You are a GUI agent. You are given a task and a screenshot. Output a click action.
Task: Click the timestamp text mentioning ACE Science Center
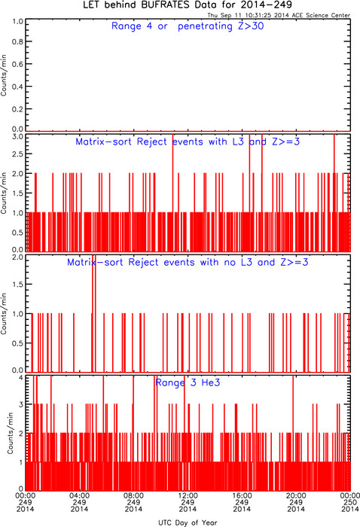[279, 15]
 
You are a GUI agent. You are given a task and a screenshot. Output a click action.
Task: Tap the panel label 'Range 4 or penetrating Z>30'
[188, 26]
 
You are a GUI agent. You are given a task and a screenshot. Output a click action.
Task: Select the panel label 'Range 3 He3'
[188, 382]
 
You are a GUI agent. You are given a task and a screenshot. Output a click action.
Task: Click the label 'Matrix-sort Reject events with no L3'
[160, 262]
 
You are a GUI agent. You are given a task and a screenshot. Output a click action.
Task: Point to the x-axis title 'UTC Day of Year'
[188, 522]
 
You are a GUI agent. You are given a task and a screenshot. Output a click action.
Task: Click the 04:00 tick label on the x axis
[79, 495]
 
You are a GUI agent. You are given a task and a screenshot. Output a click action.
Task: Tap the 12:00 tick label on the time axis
[188, 495]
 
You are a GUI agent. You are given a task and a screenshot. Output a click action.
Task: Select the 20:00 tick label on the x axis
[296, 495]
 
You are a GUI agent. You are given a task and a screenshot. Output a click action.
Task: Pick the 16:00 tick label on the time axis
[242, 495]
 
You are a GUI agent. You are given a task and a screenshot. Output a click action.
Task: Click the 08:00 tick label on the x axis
[133, 495]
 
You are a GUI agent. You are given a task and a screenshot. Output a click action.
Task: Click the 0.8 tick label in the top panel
[17, 41]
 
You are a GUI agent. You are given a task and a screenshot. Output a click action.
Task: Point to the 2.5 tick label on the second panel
[17, 154]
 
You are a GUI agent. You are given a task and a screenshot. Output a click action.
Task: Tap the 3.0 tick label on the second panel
[17, 137]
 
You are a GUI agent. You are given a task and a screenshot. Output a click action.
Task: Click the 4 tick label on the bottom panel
[21, 377]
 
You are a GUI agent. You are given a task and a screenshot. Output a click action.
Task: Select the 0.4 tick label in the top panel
[17, 87]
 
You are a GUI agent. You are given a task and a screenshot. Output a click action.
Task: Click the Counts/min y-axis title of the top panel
[4, 75]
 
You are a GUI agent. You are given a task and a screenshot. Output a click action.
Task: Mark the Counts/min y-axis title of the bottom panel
[11, 433]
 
